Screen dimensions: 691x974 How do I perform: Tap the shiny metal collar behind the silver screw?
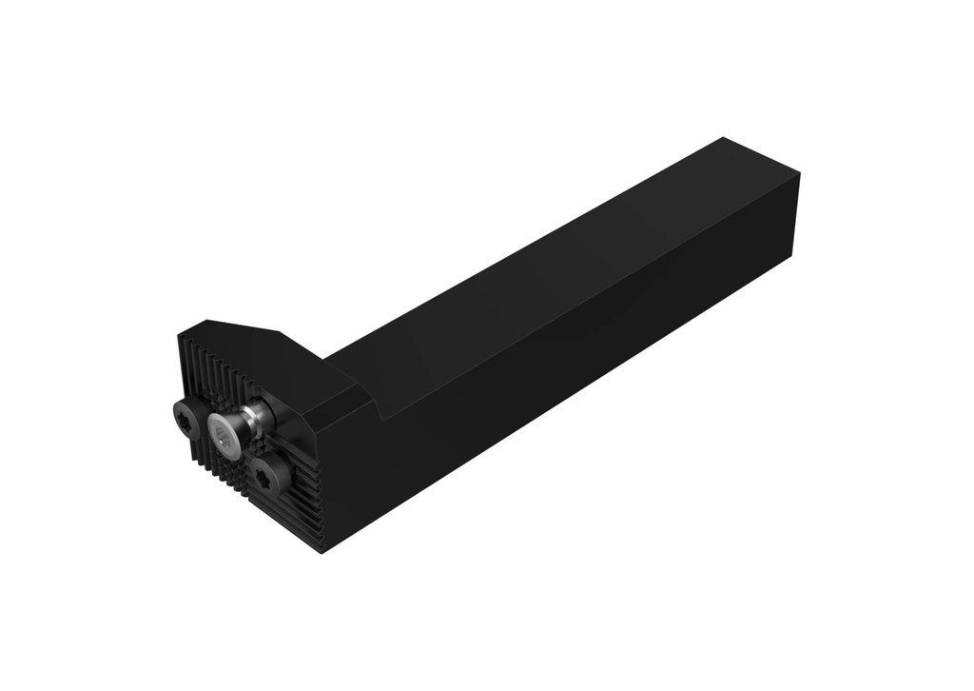(255, 416)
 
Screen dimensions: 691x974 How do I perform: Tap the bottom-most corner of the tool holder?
(323, 553)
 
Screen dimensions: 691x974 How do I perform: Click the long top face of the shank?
(552, 257)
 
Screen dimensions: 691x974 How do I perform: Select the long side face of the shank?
(571, 362)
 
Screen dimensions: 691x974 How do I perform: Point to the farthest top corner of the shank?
(723, 139)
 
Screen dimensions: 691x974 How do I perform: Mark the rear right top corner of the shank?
(799, 174)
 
